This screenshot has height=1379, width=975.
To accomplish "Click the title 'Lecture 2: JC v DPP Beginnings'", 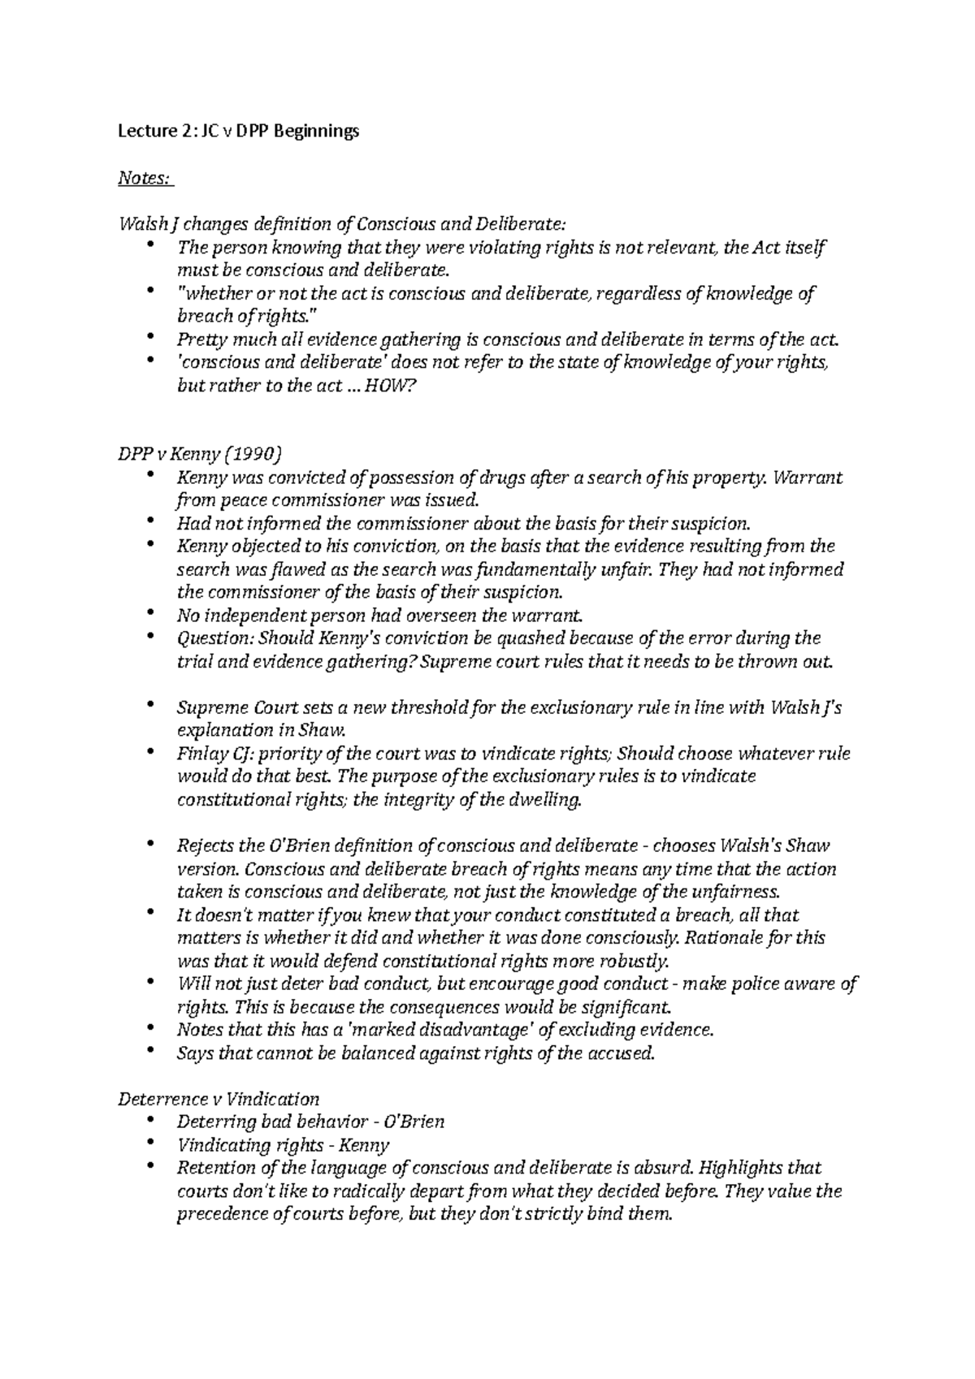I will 238,132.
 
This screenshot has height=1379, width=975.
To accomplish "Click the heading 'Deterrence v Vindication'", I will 219,1100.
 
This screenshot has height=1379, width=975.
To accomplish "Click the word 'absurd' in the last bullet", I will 669,1169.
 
